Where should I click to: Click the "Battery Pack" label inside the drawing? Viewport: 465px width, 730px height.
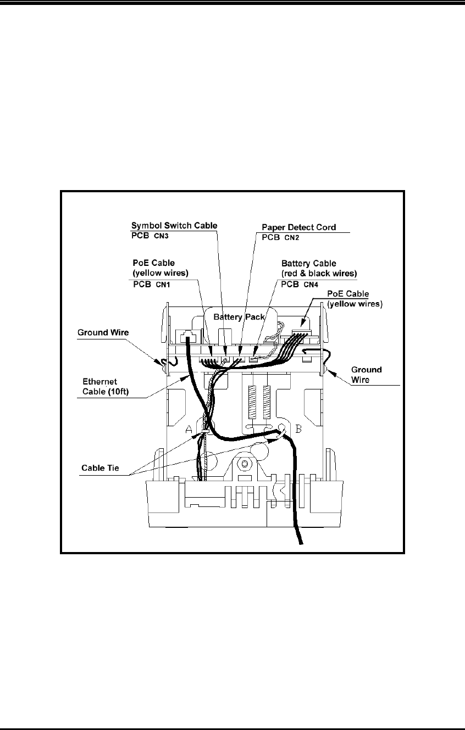239,317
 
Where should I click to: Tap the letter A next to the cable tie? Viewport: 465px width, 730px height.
188,429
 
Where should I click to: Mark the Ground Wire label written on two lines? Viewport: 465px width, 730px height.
368,375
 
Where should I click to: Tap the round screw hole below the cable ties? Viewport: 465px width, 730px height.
241,465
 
